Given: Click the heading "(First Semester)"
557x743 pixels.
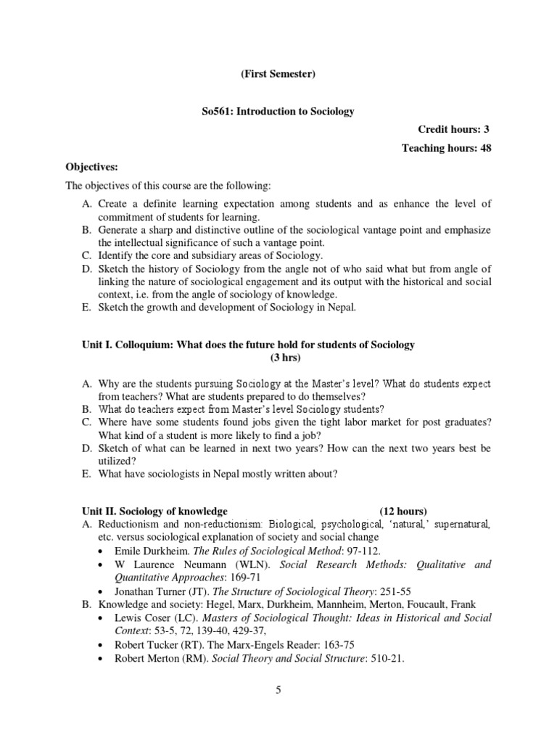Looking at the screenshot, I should (278, 73).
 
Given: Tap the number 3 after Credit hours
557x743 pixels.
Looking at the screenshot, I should (487, 130).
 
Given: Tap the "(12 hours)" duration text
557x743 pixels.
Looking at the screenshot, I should (403, 510).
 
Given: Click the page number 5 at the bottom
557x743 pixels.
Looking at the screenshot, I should (278, 690).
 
